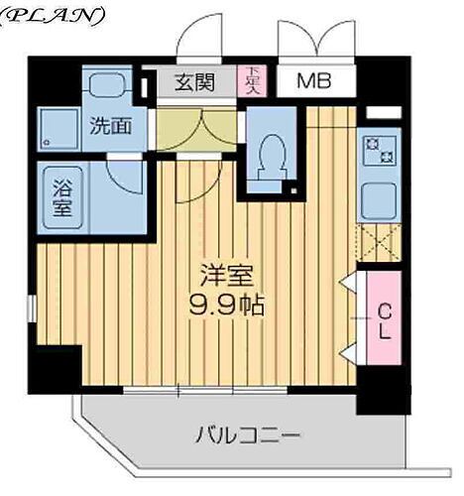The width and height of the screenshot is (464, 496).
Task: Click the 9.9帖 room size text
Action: pyautogui.click(x=226, y=304)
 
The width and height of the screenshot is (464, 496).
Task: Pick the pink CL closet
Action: pyautogui.click(x=384, y=320)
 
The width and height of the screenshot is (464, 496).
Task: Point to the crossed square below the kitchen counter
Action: pyautogui.click(x=379, y=242)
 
